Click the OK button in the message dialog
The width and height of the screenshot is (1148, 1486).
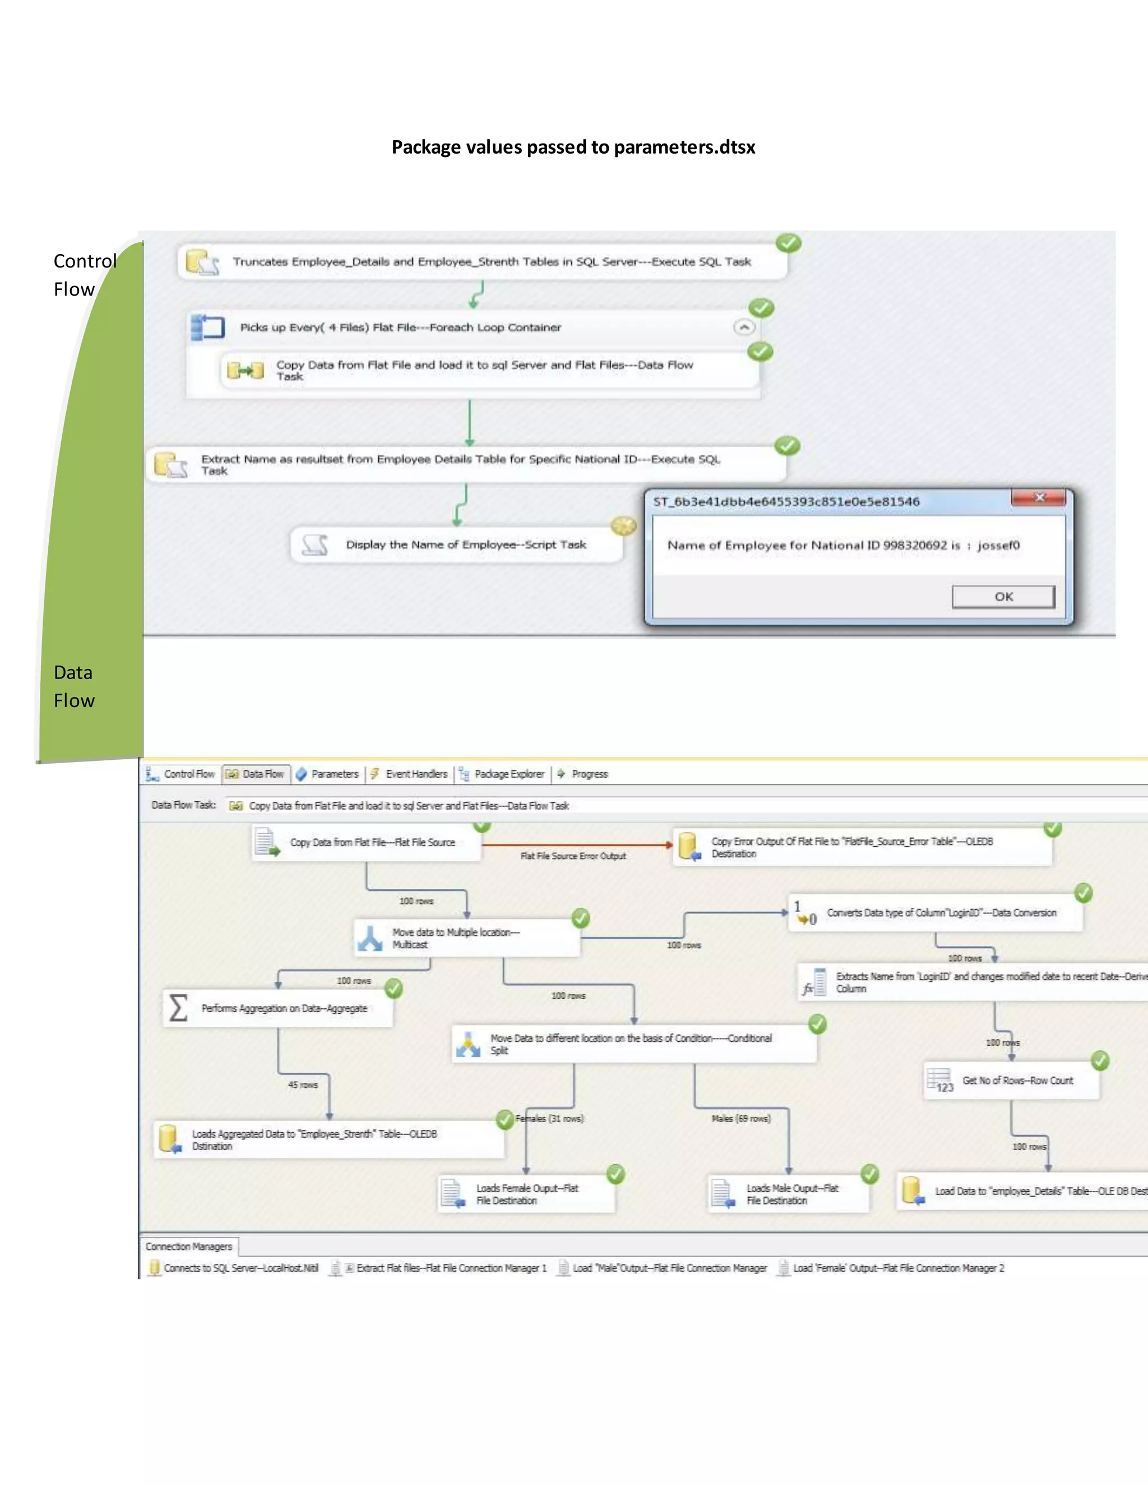tap(1003, 597)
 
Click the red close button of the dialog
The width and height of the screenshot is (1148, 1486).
tap(1039, 498)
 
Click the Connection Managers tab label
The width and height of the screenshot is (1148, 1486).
tap(189, 1247)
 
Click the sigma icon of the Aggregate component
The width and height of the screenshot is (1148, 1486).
tap(178, 1008)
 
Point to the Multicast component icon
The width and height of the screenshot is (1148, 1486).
tap(371, 938)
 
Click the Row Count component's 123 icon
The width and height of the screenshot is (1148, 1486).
tap(941, 1081)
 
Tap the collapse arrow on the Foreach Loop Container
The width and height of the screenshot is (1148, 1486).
tap(744, 327)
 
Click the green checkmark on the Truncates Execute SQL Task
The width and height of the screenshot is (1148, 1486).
tap(788, 243)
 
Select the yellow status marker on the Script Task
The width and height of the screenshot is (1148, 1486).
tap(623, 526)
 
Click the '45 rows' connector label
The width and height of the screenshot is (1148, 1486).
tap(303, 1084)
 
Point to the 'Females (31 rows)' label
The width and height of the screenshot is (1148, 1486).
tap(549, 1119)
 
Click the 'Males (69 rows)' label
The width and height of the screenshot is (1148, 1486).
tap(740, 1119)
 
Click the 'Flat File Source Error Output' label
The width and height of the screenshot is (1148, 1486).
tap(573, 856)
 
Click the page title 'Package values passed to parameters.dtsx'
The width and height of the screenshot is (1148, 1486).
tap(573, 147)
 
